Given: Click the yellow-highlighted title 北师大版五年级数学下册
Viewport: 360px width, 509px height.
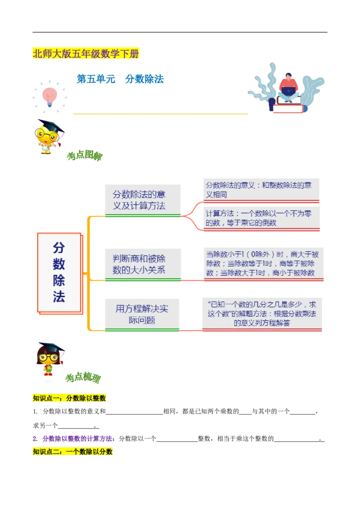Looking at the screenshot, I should click(x=86, y=54).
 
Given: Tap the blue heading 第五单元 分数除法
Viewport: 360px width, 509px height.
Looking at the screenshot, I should click(x=120, y=80).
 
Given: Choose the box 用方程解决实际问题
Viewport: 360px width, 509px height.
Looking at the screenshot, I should click(x=142, y=314).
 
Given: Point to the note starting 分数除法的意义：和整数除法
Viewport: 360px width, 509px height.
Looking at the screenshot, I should click(x=262, y=189).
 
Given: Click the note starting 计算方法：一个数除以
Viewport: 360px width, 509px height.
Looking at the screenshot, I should click(x=262, y=218).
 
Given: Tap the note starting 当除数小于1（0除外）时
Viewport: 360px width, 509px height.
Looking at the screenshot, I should click(x=262, y=263).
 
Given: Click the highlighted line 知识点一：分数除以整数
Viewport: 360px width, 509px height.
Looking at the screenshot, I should click(x=70, y=398).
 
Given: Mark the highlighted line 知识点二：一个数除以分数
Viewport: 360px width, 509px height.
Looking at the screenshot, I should click(x=73, y=451).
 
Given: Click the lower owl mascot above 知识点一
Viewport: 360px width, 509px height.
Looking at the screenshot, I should click(x=49, y=358).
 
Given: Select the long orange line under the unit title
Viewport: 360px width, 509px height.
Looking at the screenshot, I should click(x=160, y=114).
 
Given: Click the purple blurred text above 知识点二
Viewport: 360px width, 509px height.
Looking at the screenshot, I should click(x=74, y=438).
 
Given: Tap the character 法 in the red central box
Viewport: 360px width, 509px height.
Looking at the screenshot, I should click(x=59, y=297).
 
